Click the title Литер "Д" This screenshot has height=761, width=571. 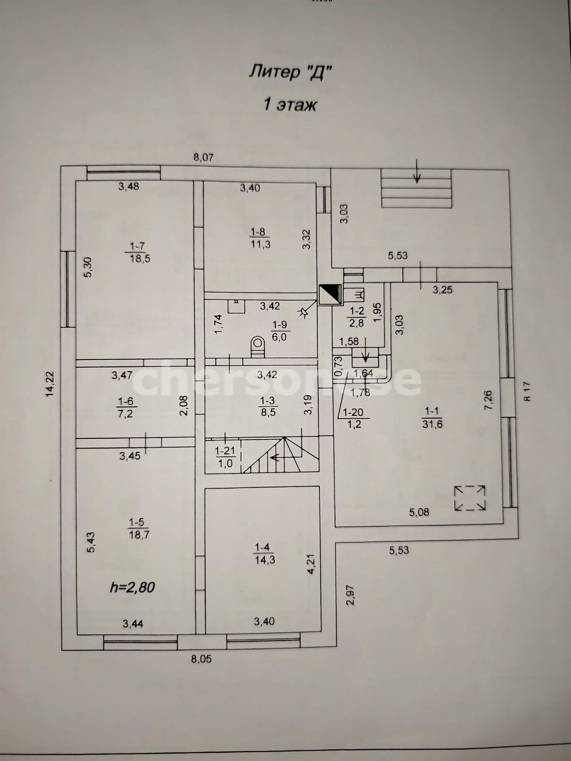[291, 73]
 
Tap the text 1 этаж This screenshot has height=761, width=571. [289, 105]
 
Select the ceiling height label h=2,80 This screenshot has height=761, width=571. [132, 587]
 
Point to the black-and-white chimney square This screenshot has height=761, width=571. [330, 294]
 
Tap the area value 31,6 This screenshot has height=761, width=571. [432, 424]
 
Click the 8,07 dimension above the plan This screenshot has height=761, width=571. [203, 158]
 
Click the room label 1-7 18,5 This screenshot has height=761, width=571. [138, 252]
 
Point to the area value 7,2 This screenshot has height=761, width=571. [126, 413]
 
